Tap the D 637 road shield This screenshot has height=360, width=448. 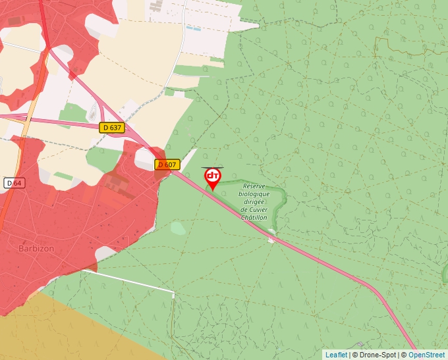(113, 128)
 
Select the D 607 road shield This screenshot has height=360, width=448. (167, 165)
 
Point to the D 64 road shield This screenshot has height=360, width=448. (14, 182)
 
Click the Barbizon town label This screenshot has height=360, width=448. (36, 249)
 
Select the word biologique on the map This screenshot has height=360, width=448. (255, 194)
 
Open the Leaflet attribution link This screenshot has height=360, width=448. (336, 355)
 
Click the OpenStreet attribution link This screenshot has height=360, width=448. (426, 355)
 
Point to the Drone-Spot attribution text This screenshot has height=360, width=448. (378, 355)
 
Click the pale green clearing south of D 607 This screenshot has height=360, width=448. (178, 228)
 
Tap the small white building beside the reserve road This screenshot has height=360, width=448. (271, 239)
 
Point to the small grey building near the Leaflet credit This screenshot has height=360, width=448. (360, 345)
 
